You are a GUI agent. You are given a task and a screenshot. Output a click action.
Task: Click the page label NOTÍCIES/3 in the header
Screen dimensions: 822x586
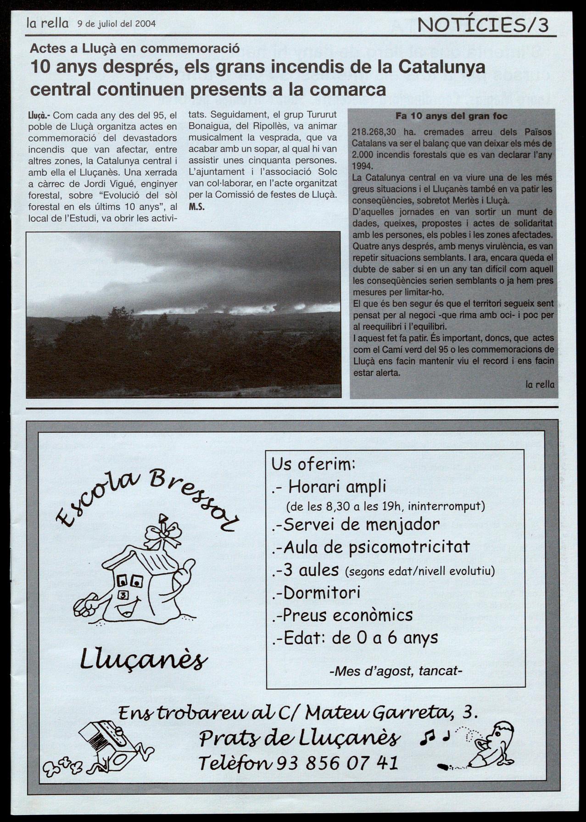[x=483, y=25]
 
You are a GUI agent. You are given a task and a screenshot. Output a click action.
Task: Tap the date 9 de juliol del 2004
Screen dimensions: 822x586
[x=117, y=24]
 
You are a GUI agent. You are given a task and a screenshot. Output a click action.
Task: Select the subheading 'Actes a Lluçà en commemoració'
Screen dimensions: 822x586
[x=135, y=49]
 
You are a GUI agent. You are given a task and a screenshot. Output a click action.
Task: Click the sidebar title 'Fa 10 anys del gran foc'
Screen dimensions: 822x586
[x=452, y=116]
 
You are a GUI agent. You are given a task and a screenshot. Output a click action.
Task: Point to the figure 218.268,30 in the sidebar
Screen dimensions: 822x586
[x=374, y=132]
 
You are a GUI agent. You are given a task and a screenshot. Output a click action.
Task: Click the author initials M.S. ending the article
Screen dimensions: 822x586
[x=196, y=207]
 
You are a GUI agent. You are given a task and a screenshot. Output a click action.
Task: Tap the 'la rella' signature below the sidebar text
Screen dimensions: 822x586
[x=540, y=384]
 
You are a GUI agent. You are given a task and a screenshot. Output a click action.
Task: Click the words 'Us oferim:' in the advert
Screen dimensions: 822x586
[x=313, y=464]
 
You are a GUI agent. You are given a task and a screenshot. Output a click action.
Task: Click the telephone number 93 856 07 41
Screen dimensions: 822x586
[x=336, y=763]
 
